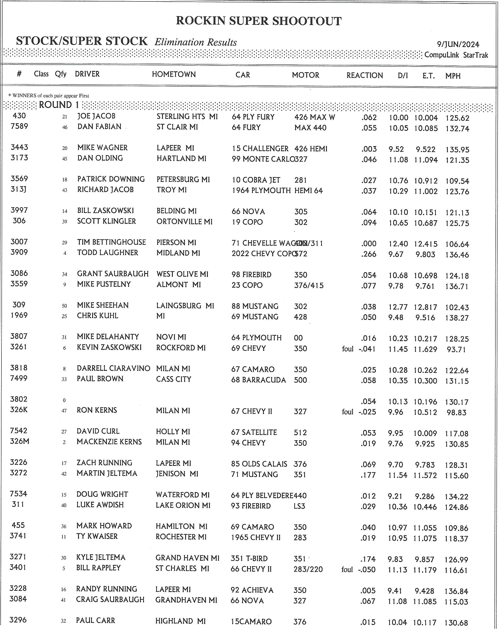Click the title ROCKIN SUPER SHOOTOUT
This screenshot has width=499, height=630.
[259, 21]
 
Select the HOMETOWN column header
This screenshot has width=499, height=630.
[174, 75]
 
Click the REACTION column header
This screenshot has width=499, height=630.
[365, 75]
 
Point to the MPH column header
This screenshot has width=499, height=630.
[453, 76]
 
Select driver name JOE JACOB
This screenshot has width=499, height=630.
[96, 116]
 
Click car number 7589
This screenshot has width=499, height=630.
[19, 126]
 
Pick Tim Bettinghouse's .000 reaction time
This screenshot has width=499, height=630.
[369, 244]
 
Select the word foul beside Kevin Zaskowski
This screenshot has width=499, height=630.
[348, 349]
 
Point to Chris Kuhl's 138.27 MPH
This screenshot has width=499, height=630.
[457, 318]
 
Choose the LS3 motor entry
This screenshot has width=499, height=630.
[299, 506]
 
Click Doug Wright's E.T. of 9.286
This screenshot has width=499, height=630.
[425, 496]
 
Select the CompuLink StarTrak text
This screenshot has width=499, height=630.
[456, 55]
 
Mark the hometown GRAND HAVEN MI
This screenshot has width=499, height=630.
[187, 558]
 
